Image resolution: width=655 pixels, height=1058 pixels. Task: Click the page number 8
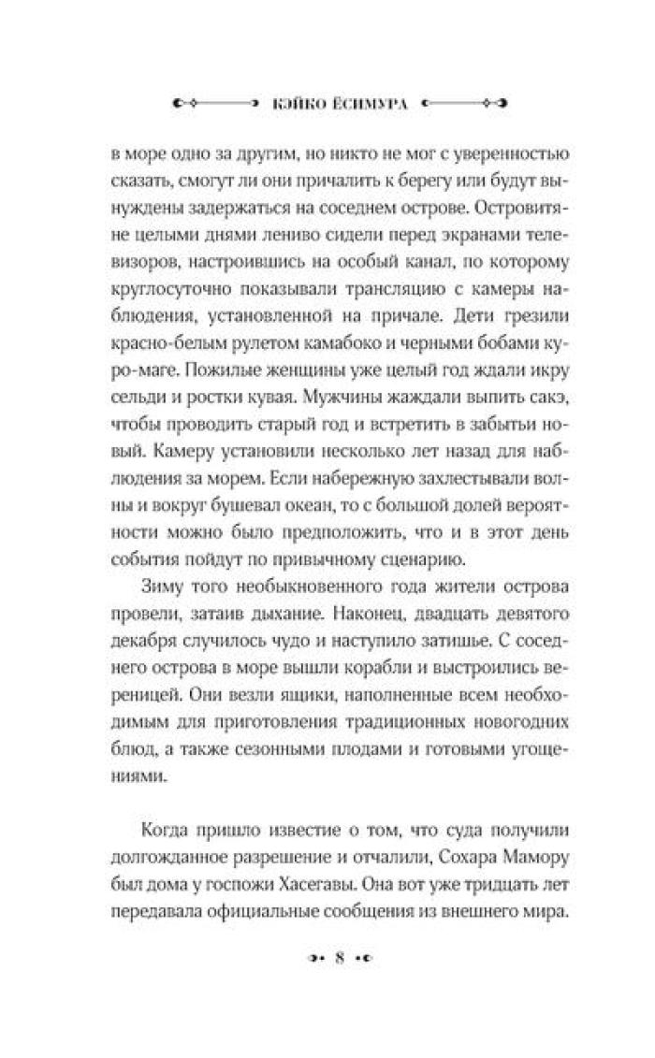(x=341, y=957)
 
